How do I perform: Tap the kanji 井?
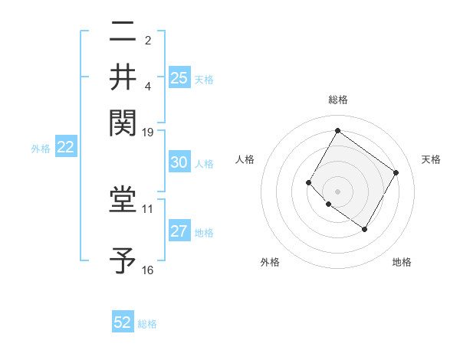tap(123, 77)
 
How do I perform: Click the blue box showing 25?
tap(179, 77)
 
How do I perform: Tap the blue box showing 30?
tap(179, 162)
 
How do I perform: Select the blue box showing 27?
tap(179, 232)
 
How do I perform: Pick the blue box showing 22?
tap(65, 148)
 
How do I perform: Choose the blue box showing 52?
tap(123, 322)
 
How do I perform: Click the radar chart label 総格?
tap(338, 100)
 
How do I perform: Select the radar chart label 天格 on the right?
tap(431, 159)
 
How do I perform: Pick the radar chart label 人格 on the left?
tap(245, 159)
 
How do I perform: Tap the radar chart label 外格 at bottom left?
tap(270, 262)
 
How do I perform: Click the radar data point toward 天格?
tap(396, 172)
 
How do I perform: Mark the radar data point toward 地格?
tap(364, 229)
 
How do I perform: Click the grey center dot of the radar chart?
tap(338, 191)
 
